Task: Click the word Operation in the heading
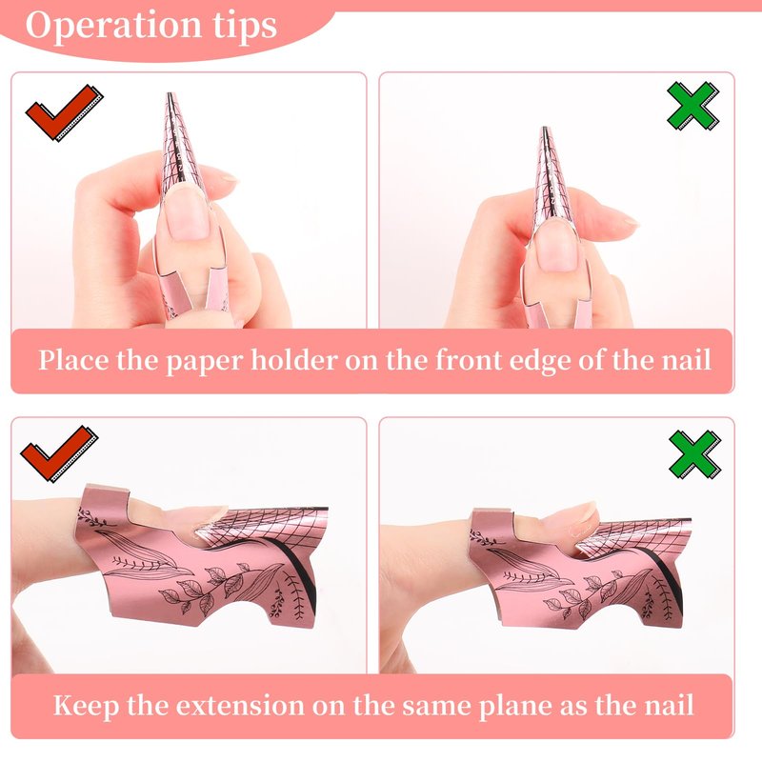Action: [113, 27]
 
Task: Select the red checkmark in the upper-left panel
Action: [64, 112]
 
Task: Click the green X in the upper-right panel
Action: [692, 106]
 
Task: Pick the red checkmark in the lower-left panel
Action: [59, 453]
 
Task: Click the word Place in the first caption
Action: [74, 361]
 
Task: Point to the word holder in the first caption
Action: [295, 361]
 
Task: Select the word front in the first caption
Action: [464, 360]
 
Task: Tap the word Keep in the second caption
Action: [86, 706]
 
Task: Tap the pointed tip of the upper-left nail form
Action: [170, 93]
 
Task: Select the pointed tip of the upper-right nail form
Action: [545, 129]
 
